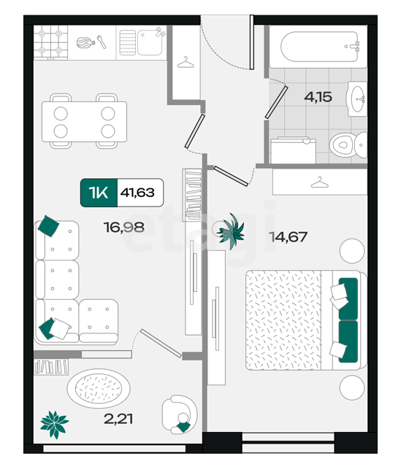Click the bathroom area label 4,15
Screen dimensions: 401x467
318,97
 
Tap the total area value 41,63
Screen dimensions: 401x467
137,193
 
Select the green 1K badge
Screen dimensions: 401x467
99,193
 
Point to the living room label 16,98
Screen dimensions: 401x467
124,227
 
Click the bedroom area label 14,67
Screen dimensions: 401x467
288,237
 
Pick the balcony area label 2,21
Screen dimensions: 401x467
118,419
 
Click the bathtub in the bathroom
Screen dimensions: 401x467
319,47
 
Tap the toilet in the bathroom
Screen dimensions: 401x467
348,145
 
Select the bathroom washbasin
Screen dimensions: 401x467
356,99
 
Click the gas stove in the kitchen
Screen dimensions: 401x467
50,42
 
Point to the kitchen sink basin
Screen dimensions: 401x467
150,43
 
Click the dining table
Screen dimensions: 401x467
85,122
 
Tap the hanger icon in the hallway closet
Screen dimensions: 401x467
186,63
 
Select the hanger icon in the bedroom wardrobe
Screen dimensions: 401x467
320,182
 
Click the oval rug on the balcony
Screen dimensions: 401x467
99,388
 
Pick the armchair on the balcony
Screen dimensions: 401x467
180,414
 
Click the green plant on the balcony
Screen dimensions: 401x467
55,425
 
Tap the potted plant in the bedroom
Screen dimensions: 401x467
231,231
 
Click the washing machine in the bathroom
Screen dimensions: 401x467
293,150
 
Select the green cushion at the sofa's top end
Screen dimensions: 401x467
48,226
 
